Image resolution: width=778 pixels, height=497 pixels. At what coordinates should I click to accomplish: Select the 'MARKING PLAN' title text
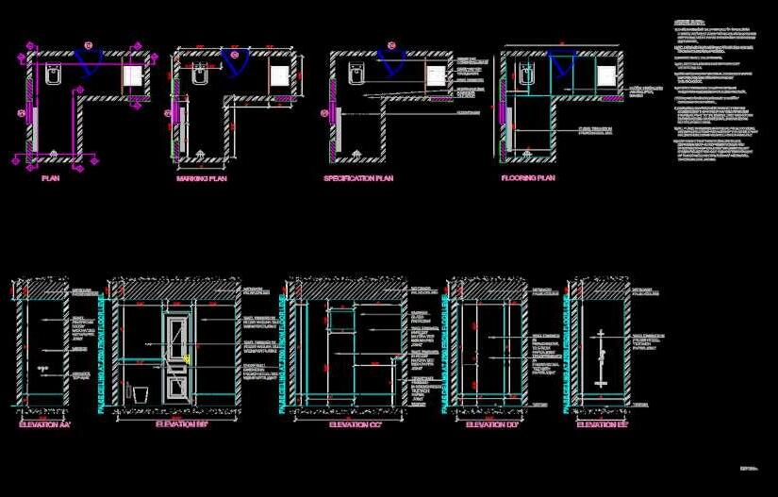202,178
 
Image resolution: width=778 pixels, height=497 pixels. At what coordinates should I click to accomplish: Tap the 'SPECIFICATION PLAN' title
358,178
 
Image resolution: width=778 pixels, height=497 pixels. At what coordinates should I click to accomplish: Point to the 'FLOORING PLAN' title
528,177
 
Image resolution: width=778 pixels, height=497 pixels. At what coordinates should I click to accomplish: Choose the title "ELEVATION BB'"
183,425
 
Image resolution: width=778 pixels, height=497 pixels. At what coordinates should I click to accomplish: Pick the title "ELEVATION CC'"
356,425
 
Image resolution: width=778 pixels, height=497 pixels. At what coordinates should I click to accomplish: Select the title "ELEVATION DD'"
493,425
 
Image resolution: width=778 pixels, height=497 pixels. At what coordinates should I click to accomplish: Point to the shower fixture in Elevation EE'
600,358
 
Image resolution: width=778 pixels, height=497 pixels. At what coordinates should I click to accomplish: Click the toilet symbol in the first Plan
51,76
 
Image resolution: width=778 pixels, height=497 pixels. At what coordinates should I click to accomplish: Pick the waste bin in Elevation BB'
141,393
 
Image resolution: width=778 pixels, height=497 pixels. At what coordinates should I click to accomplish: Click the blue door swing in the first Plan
89,60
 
